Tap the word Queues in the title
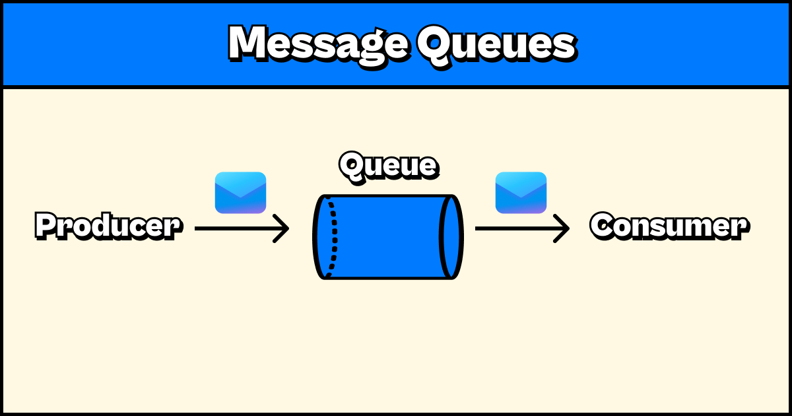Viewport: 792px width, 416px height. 495,44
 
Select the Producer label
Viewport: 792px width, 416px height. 108,226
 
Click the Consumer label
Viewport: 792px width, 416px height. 669,226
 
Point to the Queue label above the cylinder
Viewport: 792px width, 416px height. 388,165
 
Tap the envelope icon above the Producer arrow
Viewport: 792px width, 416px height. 240,193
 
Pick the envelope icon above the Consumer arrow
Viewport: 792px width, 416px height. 521,193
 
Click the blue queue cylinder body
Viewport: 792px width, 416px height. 389,236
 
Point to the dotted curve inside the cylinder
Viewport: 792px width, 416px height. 333,236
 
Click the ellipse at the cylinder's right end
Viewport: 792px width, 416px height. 452,236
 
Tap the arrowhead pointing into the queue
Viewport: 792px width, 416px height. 282,228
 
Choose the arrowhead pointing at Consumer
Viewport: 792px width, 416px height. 563,228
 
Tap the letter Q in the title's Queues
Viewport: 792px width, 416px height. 434,44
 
